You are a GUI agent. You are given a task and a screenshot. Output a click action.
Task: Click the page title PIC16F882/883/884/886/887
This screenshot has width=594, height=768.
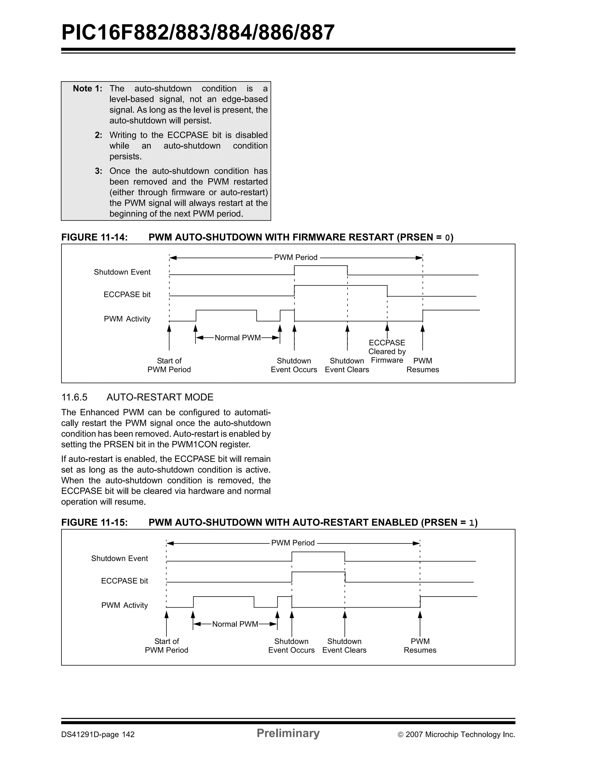(198, 32)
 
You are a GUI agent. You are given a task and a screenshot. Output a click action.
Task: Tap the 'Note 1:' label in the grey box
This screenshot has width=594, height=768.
(87, 88)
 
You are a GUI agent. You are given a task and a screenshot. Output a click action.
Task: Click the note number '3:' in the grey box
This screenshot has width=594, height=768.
(98, 171)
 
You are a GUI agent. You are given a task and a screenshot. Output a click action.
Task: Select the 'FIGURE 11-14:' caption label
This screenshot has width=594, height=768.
(94, 237)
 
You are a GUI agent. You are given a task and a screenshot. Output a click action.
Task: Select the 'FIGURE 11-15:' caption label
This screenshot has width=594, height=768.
(94, 523)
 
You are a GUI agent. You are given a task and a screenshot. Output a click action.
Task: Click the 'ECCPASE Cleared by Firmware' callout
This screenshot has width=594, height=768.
(387, 351)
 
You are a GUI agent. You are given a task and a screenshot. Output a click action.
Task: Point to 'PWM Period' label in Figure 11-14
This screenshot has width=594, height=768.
(296, 257)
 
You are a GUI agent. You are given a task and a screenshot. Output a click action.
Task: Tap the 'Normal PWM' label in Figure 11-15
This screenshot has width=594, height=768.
(235, 624)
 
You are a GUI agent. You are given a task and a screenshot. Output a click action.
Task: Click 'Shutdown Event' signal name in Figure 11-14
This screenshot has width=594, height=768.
(122, 272)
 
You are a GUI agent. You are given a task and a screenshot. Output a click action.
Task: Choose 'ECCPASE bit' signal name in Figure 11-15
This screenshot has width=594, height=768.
(124, 581)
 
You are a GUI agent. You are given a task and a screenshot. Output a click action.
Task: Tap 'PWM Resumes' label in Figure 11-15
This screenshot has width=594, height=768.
(420, 646)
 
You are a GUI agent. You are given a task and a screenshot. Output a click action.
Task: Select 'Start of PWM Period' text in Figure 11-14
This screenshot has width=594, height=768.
(169, 365)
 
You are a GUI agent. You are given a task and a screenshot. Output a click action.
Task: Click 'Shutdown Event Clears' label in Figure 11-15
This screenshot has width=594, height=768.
(345, 646)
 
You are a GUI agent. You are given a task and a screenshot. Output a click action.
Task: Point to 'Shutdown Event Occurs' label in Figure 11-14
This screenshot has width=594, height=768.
(294, 365)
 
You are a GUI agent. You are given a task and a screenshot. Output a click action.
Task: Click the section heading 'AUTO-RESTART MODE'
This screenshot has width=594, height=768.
(160, 397)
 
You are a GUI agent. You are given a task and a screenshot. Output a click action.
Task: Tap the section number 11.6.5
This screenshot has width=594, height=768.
(74, 397)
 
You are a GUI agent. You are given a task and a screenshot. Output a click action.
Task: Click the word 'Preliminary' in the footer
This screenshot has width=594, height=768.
(288, 733)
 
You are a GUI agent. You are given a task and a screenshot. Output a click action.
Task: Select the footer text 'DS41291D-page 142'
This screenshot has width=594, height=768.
(98, 735)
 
